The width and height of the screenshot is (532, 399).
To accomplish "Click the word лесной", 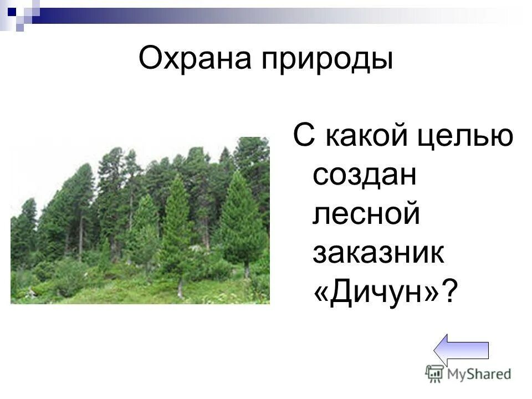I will (x=366, y=214).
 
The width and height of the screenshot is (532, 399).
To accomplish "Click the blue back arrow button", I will (x=461, y=351).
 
